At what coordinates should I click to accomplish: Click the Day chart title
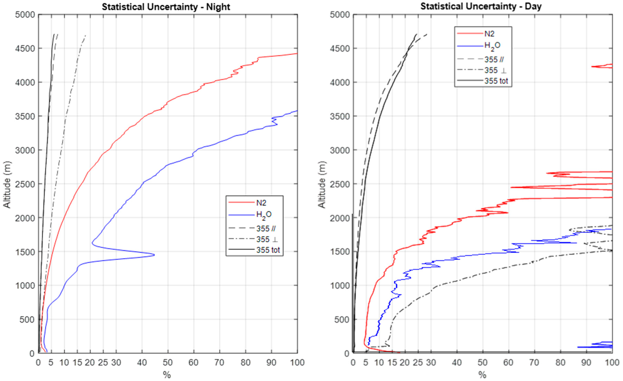pos(481,6)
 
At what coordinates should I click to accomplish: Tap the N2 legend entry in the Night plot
pos(261,203)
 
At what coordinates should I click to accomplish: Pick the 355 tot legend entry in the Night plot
pos(268,250)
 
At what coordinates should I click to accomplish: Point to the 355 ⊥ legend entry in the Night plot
pos(267,239)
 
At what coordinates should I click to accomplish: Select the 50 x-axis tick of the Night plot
pos(168,363)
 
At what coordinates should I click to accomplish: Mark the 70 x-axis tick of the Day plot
pos(534,363)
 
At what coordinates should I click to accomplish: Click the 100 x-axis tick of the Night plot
pos(297,363)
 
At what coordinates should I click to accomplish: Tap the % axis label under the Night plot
pos(167,375)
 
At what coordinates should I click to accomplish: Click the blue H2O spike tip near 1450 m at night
pos(154,255)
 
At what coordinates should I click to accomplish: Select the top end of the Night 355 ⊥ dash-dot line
pos(86,35)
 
